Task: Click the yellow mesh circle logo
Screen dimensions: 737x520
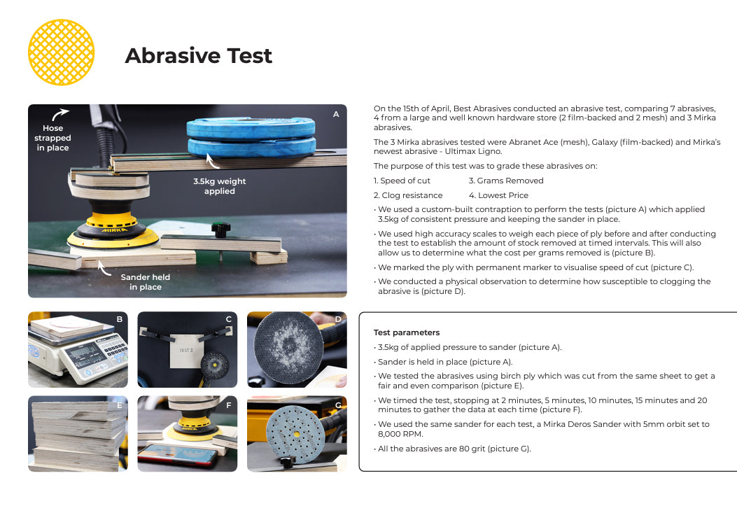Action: (61, 52)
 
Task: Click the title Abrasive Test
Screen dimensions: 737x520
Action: (198, 55)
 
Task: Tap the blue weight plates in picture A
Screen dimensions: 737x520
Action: (251, 136)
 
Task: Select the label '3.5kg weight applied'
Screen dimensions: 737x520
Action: (220, 185)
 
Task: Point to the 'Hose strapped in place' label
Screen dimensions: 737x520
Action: (52, 138)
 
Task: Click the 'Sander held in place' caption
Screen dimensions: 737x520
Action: (146, 281)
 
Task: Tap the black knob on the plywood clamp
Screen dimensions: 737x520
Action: (220, 230)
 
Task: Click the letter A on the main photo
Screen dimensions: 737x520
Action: (336, 114)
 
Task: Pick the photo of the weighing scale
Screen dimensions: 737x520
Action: (78, 349)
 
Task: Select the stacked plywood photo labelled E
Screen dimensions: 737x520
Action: (78, 433)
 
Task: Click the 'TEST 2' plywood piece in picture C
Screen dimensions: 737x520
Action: (186, 350)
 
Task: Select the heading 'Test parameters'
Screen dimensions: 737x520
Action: (407, 332)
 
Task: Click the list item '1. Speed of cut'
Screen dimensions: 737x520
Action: (402, 181)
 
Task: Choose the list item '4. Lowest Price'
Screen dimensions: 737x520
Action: (498, 195)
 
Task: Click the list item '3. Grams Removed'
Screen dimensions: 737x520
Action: (506, 181)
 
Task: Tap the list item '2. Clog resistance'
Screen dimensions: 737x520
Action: (408, 195)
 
